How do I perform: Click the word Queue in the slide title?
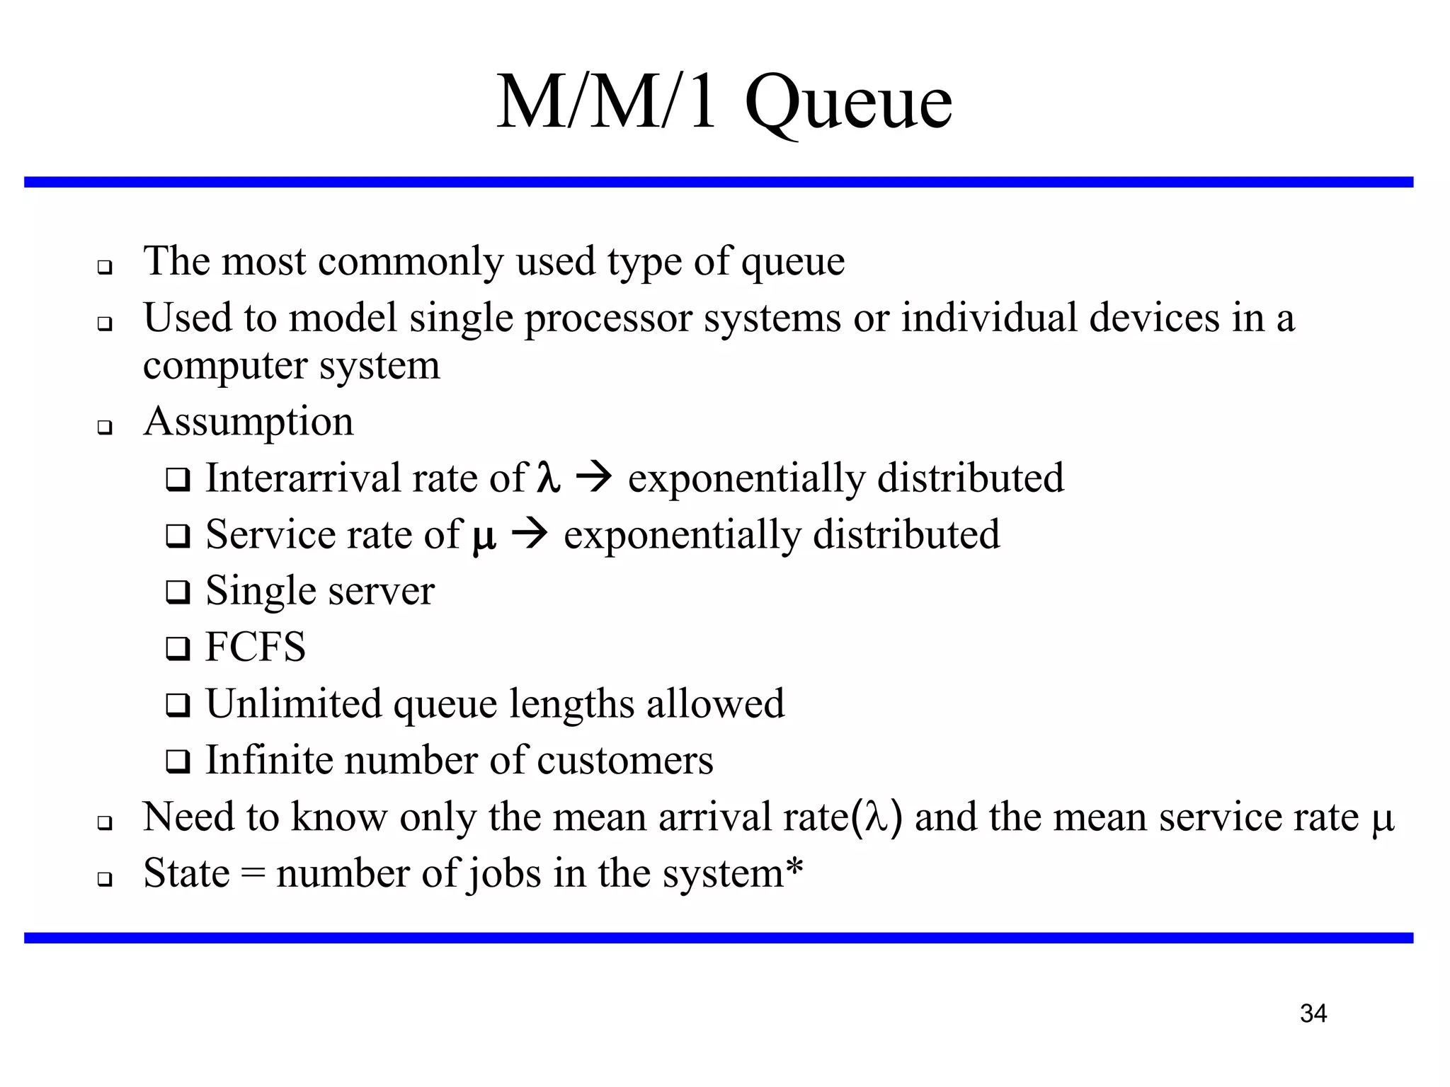click(x=848, y=105)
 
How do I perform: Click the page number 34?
click(x=1313, y=1013)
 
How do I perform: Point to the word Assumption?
click(x=248, y=422)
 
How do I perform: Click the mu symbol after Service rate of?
click(x=484, y=536)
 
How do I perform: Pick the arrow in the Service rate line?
click(x=529, y=534)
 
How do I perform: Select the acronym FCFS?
click(x=256, y=647)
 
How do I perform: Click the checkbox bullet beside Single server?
click(x=178, y=592)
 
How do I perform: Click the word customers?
click(x=625, y=761)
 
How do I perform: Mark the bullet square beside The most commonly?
click(x=105, y=268)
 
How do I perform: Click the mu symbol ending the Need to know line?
click(x=1383, y=819)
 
